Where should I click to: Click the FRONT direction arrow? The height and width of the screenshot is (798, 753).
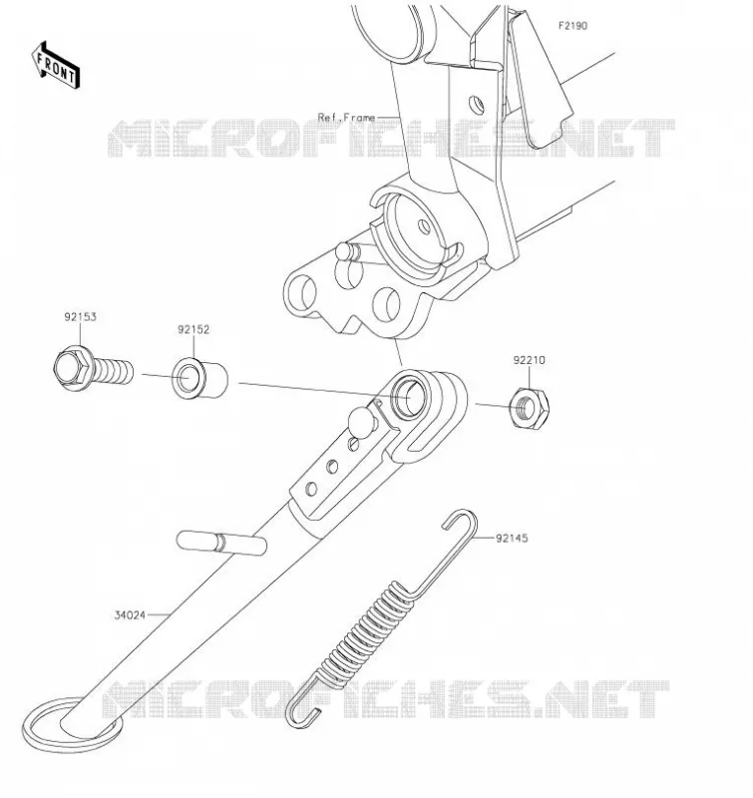pyautogui.click(x=56, y=66)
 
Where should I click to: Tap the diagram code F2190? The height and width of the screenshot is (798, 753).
pyautogui.click(x=572, y=26)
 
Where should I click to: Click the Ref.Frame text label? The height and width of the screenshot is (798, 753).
pyautogui.click(x=346, y=118)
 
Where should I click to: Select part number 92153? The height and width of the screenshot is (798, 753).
pyautogui.click(x=81, y=316)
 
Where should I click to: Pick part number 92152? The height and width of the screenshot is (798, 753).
pyautogui.click(x=193, y=329)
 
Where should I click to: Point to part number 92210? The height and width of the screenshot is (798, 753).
pyautogui.click(x=530, y=360)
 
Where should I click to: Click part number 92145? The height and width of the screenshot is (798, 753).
pyautogui.click(x=512, y=538)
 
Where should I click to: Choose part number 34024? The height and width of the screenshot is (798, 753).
pyautogui.click(x=130, y=615)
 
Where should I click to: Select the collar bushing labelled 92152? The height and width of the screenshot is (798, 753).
pyautogui.click(x=199, y=379)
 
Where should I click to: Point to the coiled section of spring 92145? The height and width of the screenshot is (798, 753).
pyautogui.click(x=364, y=632)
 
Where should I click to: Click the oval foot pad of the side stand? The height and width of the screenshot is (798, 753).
pyautogui.click(x=72, y=729)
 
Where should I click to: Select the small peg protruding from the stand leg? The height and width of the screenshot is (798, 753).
pyautogui.click(x=221, y=543)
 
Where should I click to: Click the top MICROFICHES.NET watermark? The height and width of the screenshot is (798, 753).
pyautogui.click(x=392, y=138)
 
